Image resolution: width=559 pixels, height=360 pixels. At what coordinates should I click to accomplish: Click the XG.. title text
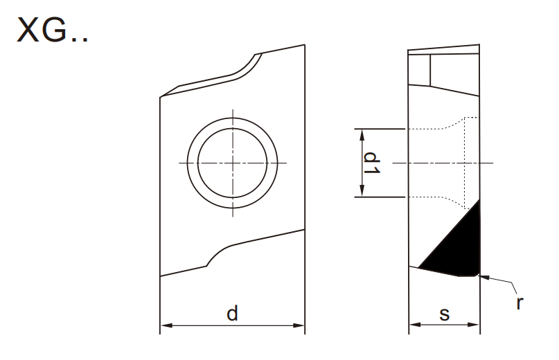(x=52, y=30)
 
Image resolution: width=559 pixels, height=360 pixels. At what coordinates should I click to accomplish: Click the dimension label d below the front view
(x=232, y=314)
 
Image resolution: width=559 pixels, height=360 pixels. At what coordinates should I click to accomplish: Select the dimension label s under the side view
(x=444, y=314)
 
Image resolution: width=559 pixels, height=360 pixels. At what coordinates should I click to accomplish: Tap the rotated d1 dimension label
(x=371, y=163)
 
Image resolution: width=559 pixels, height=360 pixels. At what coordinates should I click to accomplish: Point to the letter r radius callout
(x=520, y=303)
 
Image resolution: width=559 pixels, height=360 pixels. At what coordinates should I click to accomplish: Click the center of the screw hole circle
(x=233, y=163)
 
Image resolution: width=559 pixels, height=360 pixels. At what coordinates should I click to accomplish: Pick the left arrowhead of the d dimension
(x=166, y=325)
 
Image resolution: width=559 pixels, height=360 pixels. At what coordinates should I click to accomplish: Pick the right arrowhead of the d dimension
(x=299, y=325)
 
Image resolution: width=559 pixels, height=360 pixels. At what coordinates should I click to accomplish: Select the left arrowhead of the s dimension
(x=415, y=325)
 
